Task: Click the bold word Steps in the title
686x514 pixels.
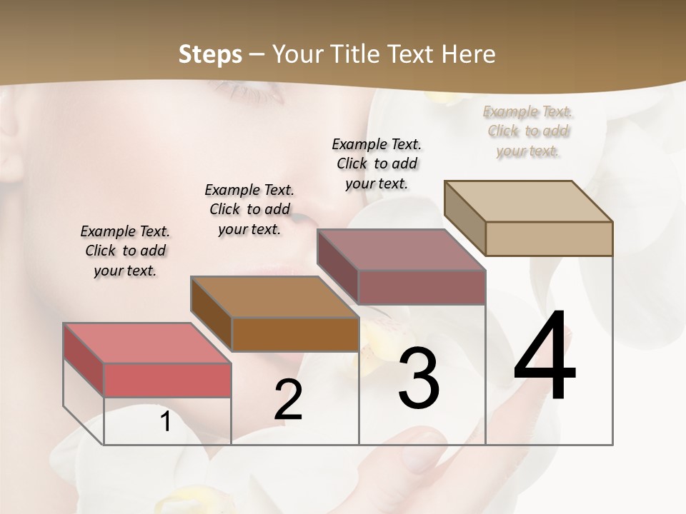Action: click(x=209, y=54)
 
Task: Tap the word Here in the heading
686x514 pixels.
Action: click(x=466, y=54)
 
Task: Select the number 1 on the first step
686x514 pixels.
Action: click(x=166, y=422)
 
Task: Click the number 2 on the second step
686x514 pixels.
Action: click(x=288, y=400)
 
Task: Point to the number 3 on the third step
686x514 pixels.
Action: click(x=418, y=378)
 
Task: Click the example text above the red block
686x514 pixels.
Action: click(x=125, y=251)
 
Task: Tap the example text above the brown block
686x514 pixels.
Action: click(x=249, y=209)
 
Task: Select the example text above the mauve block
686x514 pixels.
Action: click(x=377, y=163)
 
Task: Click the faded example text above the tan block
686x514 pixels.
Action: click(x=528, y=131)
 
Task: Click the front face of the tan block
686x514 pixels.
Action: click(x=549, y=238)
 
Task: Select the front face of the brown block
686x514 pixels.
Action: click(x=295, y=334)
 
